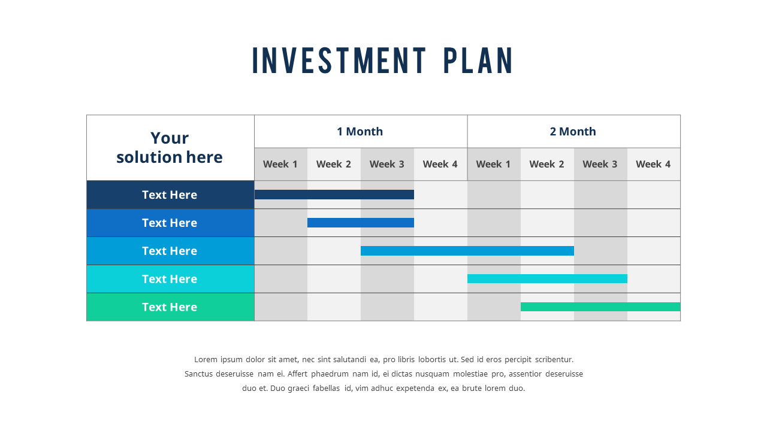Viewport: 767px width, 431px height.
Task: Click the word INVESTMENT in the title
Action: click(339, 60)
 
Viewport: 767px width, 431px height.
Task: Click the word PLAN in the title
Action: click(478, 60)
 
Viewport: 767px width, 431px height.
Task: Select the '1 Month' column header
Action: click(360, 132)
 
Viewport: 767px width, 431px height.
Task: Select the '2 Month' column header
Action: click(573, 132)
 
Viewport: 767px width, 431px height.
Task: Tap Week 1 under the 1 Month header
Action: click(280, 164)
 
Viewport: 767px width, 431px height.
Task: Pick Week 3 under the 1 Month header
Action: click(387, 164)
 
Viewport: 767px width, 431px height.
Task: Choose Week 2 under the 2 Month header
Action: click(546, 164)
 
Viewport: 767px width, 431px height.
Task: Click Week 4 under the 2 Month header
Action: click(653, 164)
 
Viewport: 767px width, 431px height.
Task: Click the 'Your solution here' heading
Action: click(170, 147)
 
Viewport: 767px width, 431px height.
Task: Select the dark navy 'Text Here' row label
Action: click(170, 195)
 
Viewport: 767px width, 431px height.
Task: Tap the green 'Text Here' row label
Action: click(170, 307)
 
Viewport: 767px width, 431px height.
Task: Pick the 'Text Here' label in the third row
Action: click(170, 251)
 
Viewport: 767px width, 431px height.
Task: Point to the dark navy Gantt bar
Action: click(334, 195)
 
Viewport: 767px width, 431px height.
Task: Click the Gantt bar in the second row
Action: click(360, 223)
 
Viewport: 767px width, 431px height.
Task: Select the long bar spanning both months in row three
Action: click(467, 251)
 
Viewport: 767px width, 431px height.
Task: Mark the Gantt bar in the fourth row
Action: click(547, 278)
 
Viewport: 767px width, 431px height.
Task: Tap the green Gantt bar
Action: click(600, 306)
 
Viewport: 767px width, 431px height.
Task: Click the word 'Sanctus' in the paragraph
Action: click(199, 374)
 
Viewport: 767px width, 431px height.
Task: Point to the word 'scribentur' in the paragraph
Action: click(554, 360)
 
